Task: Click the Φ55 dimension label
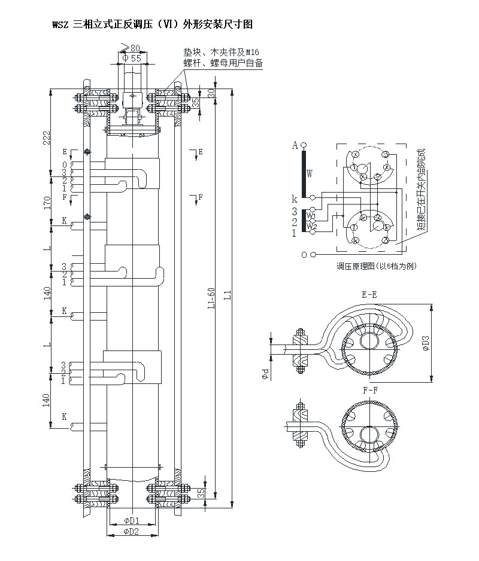tap(132, 58)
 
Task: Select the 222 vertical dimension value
tap(47, 139)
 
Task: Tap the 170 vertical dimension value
tap(47, 203)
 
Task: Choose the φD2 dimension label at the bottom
tap(131, 531)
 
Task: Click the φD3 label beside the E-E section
tap(426, 343)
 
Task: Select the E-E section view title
tap(369, 294)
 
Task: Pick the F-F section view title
tap(369, 390)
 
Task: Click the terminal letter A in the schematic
tap(295, 145)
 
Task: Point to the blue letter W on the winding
tap(310, 174)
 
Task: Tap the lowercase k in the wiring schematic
tap(294, 199)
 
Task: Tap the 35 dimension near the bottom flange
tap(201, 493)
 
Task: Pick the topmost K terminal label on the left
tap(65, 220)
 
